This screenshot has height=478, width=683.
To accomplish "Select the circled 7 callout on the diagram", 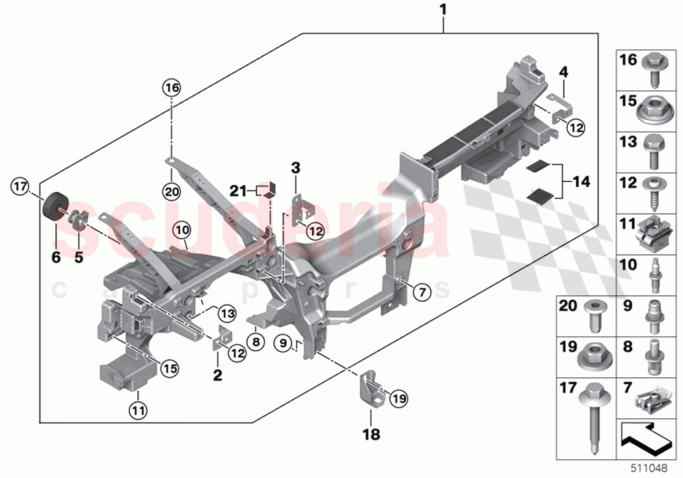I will click(x=421, y=293).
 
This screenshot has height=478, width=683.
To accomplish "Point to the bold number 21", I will click(x=237, y=191).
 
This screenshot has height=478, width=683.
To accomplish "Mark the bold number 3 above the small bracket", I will click(x=295, y=168).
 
